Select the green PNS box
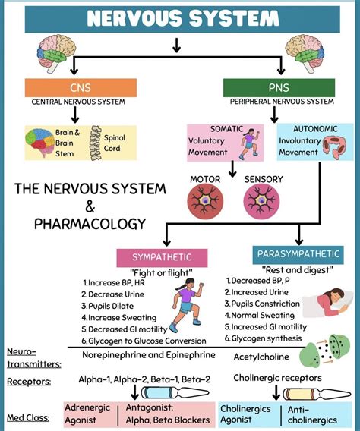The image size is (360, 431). pos(277,87)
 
